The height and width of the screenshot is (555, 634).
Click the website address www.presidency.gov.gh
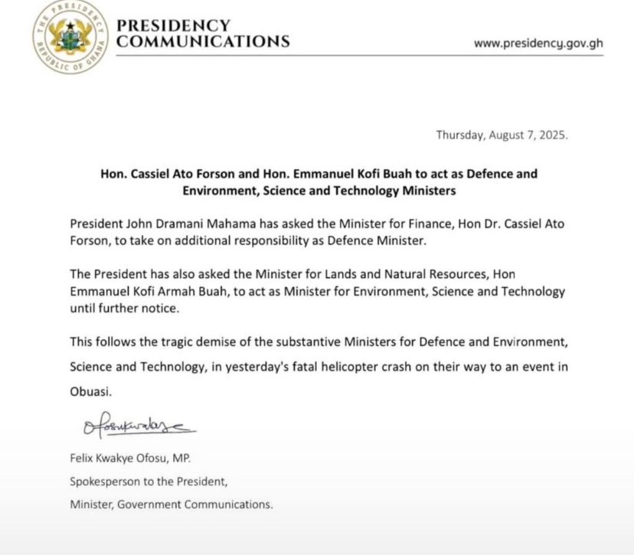[x=538, y=43]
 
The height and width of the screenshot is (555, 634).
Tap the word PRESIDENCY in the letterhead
[x=173, y=25]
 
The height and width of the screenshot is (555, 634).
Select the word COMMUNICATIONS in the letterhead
[x=203, y=41]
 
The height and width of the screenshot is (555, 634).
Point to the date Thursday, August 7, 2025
[x=502, y=135]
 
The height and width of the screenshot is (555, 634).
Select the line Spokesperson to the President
[x=149, y=482]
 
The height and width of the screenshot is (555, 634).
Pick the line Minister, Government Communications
[x=171, y=504]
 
